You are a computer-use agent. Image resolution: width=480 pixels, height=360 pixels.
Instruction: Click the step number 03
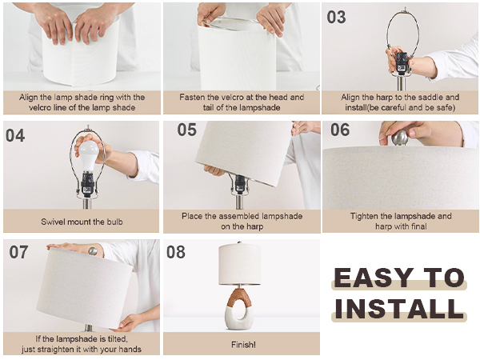[x=337, y=17]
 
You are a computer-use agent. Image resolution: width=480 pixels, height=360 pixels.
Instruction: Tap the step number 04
[x=15, y=135]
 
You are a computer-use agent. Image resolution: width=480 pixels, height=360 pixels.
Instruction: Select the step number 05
[x=186, y=130]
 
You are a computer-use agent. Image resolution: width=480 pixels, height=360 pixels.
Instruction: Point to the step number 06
[x=340, y=130]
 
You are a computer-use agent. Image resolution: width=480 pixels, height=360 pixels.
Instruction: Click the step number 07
[x=18, y=252]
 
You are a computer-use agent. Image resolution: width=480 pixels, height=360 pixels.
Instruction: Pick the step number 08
[x=176, y=252]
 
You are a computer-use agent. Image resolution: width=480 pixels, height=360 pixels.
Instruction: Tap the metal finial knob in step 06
[x=400, y=138]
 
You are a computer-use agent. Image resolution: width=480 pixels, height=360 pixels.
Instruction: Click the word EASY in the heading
[x=373, y=278]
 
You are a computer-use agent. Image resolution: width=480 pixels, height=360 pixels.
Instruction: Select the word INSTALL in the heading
[x=399, y=309]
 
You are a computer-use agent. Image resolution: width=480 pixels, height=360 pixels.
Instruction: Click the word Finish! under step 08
[x=243, y=345]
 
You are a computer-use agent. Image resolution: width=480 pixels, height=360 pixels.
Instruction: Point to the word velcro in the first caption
[x=39, y=108]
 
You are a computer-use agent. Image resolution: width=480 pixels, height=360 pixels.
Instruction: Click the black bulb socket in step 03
[x=402, y=63]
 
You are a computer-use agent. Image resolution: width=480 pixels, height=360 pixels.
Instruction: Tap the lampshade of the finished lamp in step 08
[x=240, y=264]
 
